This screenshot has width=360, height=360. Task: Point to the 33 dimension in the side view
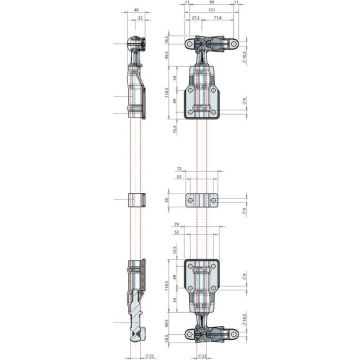(x=144, y=18)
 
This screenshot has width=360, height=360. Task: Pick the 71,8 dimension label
(x=217, y=18)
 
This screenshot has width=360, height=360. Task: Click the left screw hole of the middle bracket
(x=190, y=195)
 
